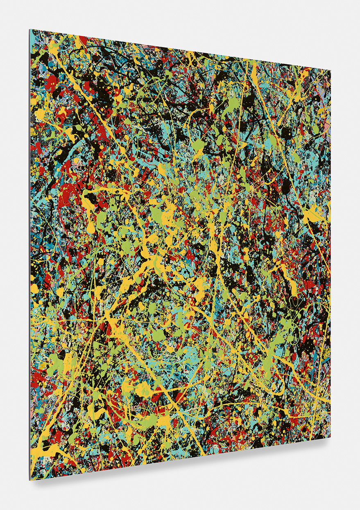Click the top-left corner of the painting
(x=30, y=29)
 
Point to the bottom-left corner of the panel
(x=30, y=479)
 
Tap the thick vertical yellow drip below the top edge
(x=254, y=74)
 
